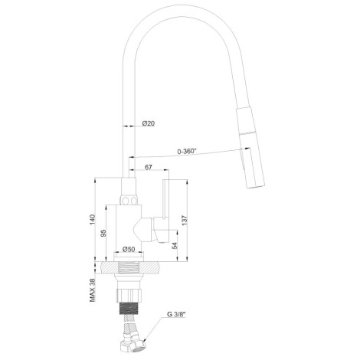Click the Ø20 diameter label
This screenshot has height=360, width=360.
(149, 123)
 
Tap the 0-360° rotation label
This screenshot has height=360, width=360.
(187, 151)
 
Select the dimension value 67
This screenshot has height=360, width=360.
(149, 167)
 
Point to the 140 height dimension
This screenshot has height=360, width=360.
(93, 220)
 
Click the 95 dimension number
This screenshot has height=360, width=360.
(103, 233)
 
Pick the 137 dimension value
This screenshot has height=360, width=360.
(185, 221)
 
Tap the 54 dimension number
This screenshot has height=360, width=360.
(175, 246)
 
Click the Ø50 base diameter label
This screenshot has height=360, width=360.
(129, 249)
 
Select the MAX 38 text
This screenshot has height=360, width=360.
(93, 290)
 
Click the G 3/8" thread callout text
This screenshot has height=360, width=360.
(176, 314)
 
